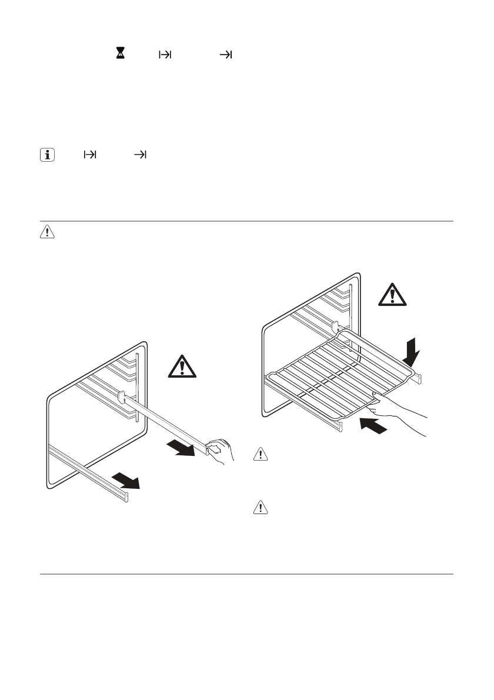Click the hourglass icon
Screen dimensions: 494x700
[121, 54]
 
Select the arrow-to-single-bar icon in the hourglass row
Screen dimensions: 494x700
[226, 55]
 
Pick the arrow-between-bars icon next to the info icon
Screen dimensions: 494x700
[90, 155]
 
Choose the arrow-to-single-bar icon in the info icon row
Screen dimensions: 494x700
[141, 155]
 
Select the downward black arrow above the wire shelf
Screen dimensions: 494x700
[413, 351]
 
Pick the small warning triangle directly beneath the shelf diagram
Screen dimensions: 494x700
[261, 454]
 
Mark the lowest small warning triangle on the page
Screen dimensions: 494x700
[261, 508]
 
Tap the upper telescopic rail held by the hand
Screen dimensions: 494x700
[165, 423]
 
